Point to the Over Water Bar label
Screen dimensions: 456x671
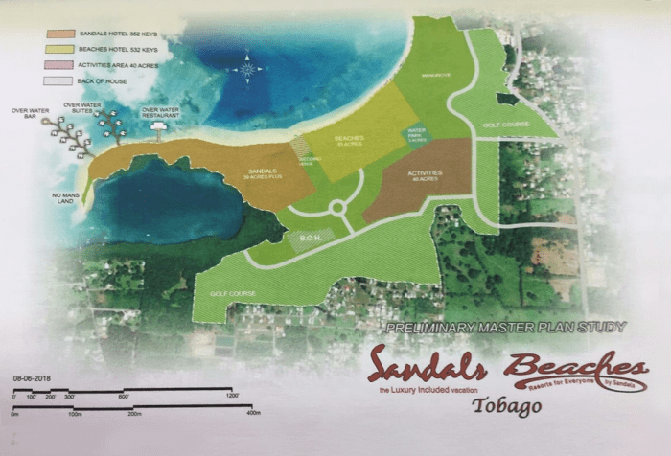(x=31, y=113)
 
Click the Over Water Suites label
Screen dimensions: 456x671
(x=81, y=107)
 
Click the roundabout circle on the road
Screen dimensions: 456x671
(x=336, y=207)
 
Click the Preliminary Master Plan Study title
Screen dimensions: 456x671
(x=505, y=328)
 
